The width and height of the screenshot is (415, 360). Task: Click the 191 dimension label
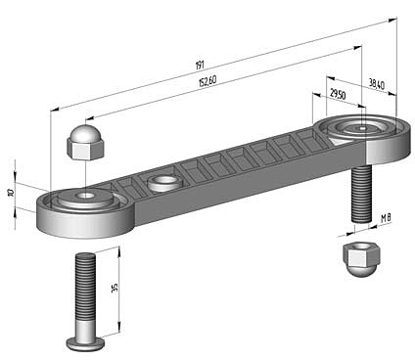[200, 66]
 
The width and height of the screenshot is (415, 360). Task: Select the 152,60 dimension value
[207, 81]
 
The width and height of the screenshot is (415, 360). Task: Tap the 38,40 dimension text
[377, 84]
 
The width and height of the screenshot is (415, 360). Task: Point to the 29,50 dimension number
[338, 94]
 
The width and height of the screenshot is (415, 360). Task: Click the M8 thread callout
[386, 218]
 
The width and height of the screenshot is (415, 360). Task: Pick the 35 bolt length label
[115, 288]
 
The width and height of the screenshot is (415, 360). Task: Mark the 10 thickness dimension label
[11, 193]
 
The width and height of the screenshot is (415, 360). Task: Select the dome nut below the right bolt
[361, 258]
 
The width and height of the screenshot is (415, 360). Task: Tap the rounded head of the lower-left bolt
[86, 342]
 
